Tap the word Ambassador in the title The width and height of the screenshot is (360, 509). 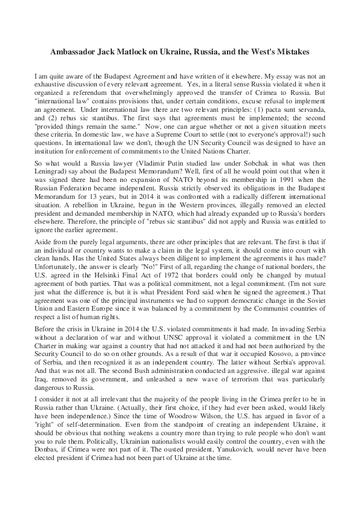pos(74,53)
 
